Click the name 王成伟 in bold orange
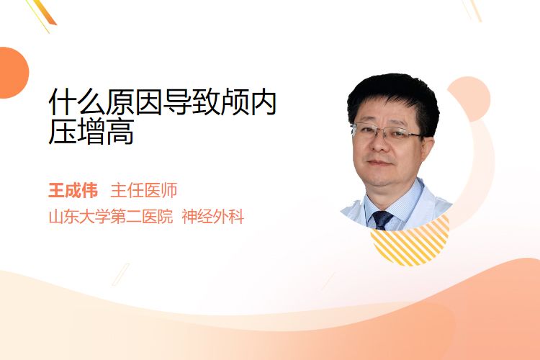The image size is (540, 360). (73, 191)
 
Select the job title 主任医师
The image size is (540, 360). (143, 191)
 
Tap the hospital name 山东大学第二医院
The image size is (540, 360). (111, 217)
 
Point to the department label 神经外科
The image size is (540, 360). (213, 217)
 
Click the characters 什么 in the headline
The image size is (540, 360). (77, 102)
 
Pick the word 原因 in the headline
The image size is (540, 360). (134, 102)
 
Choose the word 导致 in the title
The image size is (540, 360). (191, 102)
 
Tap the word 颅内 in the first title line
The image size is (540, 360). (248, 102)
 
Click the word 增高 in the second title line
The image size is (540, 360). (106, 131)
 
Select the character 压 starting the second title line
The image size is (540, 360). (63, 131)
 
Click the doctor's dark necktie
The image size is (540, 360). (382, 220)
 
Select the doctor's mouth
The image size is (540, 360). (379, 163)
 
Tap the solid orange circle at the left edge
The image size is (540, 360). (13, 73)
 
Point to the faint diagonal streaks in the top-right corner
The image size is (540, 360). (472, 10)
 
